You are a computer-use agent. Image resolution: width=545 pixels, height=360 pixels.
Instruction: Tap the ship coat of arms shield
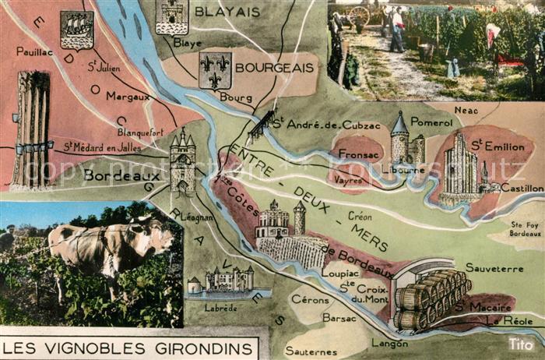pyautogui.click(x=76, y=29)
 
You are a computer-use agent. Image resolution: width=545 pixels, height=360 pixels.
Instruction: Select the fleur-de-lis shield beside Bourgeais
pyautogui.click(x=215, y=70)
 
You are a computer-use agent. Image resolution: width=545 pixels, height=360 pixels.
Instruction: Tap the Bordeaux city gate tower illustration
pyautogui.click(x=182, y=164)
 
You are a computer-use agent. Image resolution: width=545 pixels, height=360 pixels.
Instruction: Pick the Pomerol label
pyautogui.click(x=431, y=123)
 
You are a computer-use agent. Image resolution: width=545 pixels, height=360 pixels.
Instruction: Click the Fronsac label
pyautogui.click(x=360, y=143)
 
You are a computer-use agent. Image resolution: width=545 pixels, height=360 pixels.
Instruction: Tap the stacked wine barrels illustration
pyautogui.click(x=430, y=298)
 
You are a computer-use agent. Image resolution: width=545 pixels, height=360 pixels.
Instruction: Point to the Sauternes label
pyautogui.click(x=311, y=351)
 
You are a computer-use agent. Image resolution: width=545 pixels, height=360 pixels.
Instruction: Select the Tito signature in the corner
pyautogui.click(x=521, y=344)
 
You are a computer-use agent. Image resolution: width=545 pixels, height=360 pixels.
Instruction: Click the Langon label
pyautogui.click(x=390, y=342)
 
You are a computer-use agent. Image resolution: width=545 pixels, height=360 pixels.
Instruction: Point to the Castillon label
pyautogui.click(x=522, y=189)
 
